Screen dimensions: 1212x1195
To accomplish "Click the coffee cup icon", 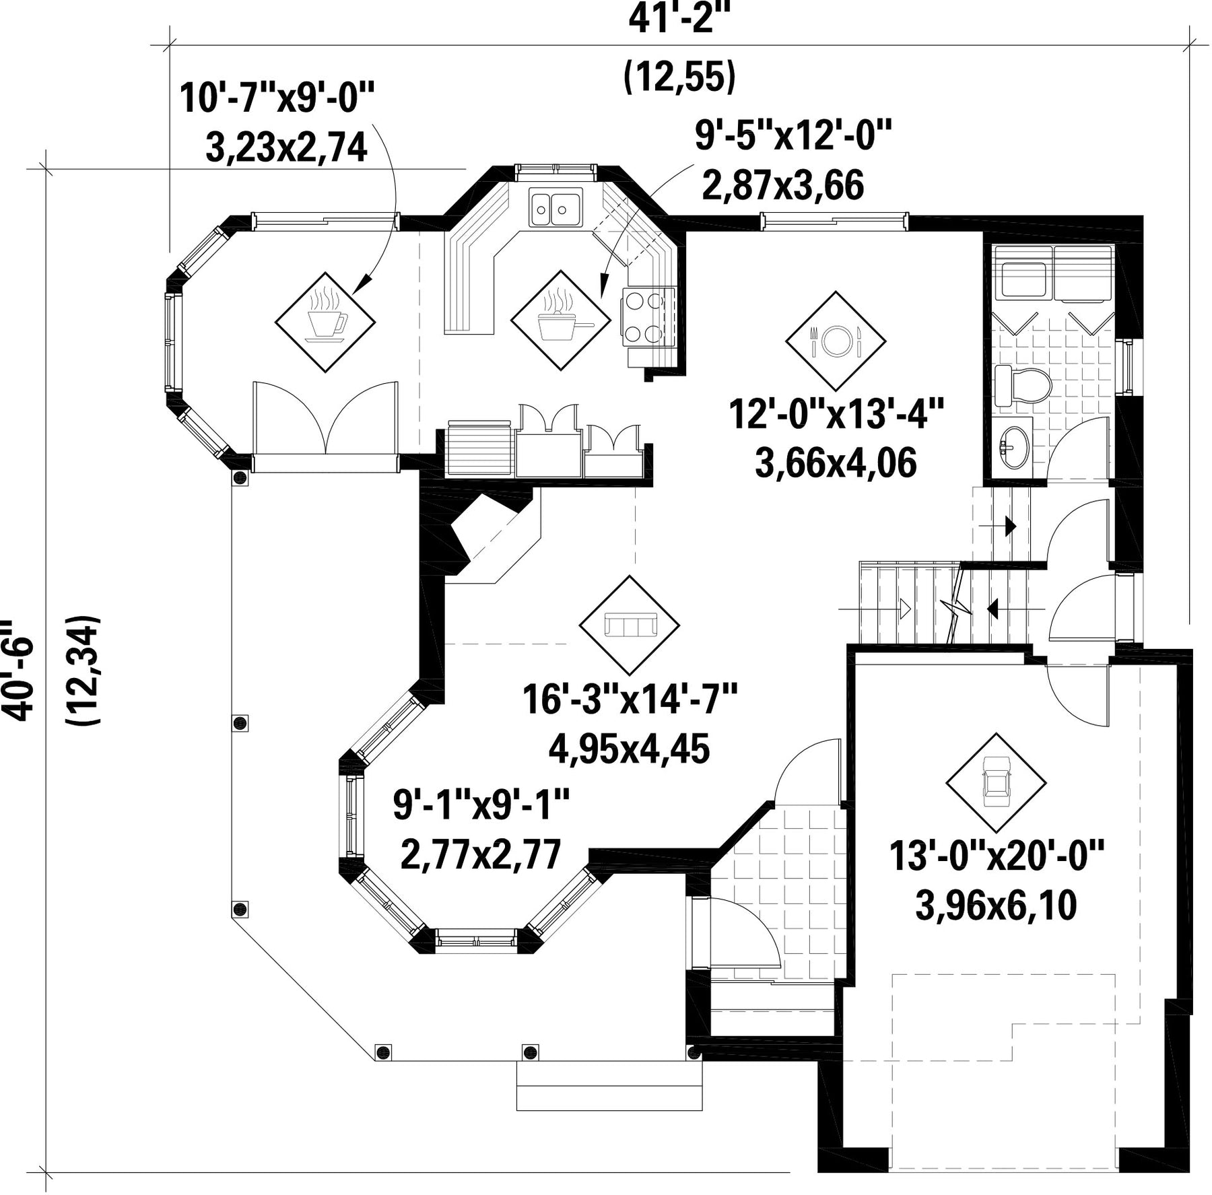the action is pos(325,321).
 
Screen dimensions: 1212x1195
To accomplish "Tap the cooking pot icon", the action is pos(561,320).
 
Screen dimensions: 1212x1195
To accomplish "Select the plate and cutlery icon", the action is pos(836,341).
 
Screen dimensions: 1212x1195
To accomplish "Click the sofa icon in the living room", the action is pos(630,625).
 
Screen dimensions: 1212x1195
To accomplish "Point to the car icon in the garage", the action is pos(996,782).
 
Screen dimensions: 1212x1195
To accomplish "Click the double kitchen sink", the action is pos(555,208).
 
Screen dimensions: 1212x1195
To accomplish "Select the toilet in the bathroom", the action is pos(1023,386).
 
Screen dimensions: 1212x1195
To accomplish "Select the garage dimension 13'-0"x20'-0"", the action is pos(997,856).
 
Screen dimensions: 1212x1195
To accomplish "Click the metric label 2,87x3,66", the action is pos(782,185).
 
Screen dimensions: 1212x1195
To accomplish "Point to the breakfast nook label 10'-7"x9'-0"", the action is pos(276,98).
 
